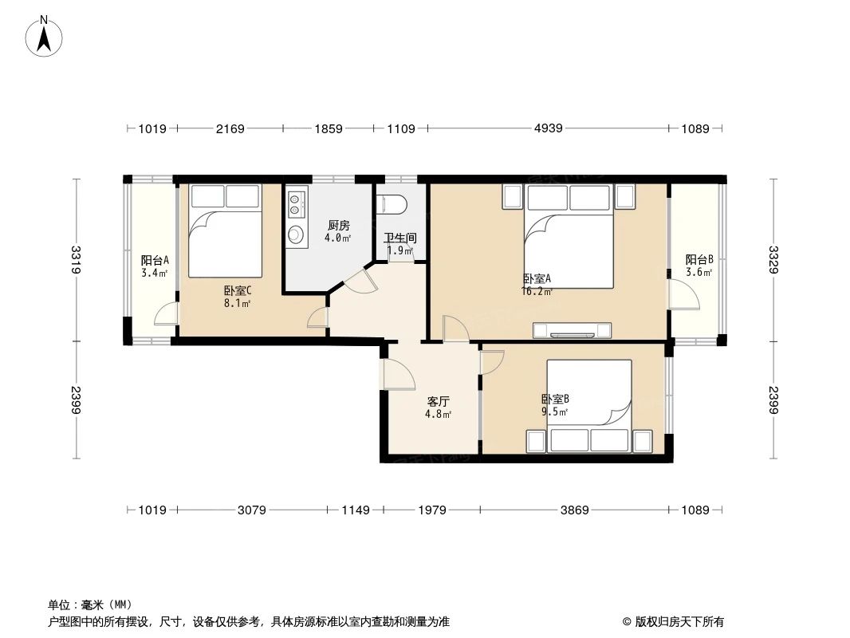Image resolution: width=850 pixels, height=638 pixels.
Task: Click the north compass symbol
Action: point(45,36)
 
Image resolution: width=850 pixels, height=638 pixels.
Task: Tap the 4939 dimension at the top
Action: point(548,128)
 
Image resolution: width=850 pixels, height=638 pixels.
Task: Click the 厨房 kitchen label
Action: point(339,226)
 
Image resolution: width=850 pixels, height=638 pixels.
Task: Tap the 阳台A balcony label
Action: point(154,261)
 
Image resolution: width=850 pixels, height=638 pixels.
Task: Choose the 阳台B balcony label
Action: point(698,261)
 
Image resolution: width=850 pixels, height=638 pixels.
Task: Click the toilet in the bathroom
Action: point(394,205)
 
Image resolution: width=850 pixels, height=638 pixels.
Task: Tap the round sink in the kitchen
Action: point(296,234)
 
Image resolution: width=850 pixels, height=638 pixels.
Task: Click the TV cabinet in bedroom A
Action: point(572,329)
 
